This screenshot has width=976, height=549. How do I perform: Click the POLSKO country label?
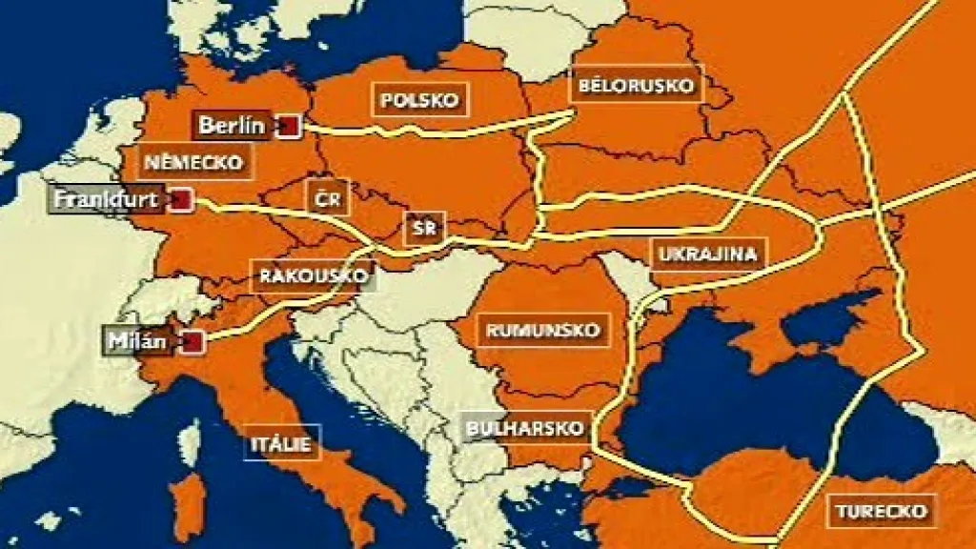[420, 99]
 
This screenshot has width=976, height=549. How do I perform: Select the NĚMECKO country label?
[194, 161]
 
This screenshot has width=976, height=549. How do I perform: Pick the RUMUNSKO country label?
[544, 331]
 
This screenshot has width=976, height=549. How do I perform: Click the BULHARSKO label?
[524, 428]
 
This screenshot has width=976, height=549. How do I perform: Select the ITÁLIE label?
[282, 442]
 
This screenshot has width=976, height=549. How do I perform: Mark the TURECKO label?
[882, 511]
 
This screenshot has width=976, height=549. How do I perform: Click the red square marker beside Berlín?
[289, 125]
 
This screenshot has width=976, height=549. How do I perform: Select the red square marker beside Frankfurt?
[181, 199]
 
